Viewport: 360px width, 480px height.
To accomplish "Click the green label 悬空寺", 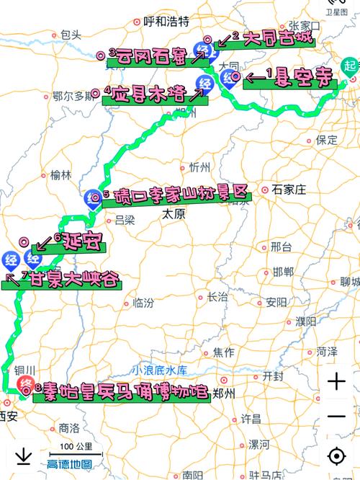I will pyautogui.click(x=291, y=79).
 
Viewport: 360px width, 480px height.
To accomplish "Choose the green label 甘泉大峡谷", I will pyautogui.click(x=65, y=280).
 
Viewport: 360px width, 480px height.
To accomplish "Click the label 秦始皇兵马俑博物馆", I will pyautogui.click(x=121, y=393).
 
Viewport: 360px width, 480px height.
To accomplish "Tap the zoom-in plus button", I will pyautogui.click(x=336, y=382).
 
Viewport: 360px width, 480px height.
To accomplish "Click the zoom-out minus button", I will pyautogui.click(x=336, y=417).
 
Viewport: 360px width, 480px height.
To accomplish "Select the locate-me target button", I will pyautogui.click(x=336, y=456).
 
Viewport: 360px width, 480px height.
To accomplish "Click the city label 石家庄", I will pyautogui.click(x=289, y=190).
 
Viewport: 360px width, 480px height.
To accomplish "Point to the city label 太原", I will pyautogui.click(x=174, y=214).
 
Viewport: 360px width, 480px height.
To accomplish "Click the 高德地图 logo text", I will pyautogui.click(x=69, y=465).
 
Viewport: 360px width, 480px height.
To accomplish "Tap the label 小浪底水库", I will pyautogui.click(x=159, y=370).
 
